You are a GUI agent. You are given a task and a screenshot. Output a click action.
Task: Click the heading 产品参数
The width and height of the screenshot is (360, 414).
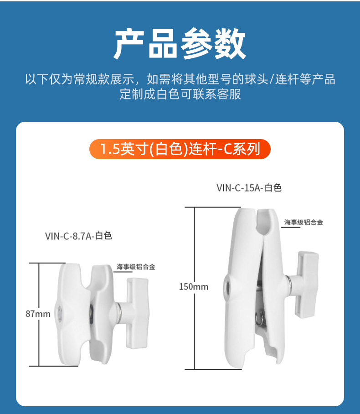point(180,44)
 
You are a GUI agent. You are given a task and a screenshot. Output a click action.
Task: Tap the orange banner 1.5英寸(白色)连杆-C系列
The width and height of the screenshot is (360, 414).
point(180,149)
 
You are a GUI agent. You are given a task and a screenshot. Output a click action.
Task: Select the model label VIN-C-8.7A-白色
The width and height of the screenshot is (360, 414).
point(79,236)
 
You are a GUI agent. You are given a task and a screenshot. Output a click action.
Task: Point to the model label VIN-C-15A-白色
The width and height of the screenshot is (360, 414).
point(249,188)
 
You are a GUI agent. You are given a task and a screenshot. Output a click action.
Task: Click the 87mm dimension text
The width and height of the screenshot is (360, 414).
point(38,314)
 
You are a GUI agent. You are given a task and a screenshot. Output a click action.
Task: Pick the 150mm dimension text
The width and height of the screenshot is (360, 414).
point(194,286)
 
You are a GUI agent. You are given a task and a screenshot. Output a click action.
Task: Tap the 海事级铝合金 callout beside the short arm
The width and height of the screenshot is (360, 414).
point(136,267)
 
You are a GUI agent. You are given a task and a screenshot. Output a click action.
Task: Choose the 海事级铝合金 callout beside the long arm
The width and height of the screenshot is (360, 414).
point(303,222)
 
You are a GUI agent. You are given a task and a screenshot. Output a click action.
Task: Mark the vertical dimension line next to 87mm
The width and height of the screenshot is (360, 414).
point(39,315)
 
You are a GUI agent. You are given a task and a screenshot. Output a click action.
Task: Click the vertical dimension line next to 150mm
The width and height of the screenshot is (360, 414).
point(195,288)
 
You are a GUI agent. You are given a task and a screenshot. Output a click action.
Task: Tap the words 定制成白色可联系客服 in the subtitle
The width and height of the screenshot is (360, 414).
point(180,94)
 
